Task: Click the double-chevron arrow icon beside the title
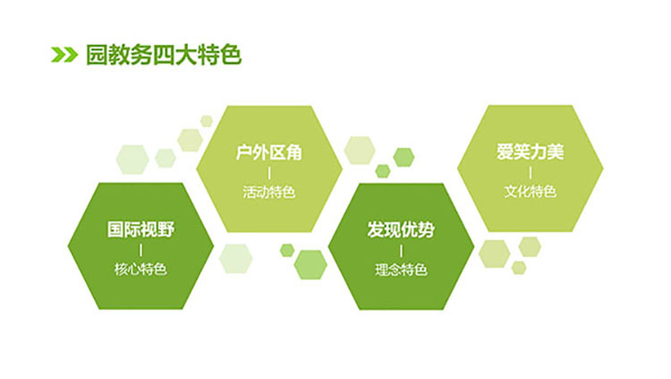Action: (64, 55)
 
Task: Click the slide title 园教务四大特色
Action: (164, 55)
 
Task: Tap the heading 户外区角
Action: (269, 152)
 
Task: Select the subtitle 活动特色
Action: (269, 192)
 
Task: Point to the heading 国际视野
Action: (140, 229)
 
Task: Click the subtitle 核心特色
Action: (140, 269)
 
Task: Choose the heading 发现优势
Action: (401, 229)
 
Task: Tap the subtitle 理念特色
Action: (401, 270)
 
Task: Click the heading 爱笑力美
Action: (531, 151)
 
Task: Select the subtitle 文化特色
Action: (531, 191)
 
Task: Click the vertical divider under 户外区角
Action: (269, 173)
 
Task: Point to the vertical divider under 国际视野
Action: (140, 250)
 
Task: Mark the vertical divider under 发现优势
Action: (401, 250)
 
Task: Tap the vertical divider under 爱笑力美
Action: (531, 172)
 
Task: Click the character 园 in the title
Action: (97, 55)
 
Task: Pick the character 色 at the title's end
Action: (231, 55)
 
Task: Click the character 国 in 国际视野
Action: (115, 229)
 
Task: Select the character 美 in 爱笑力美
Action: (556, 151)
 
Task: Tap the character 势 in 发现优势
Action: (426, 229)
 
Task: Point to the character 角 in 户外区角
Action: (294, 152)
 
